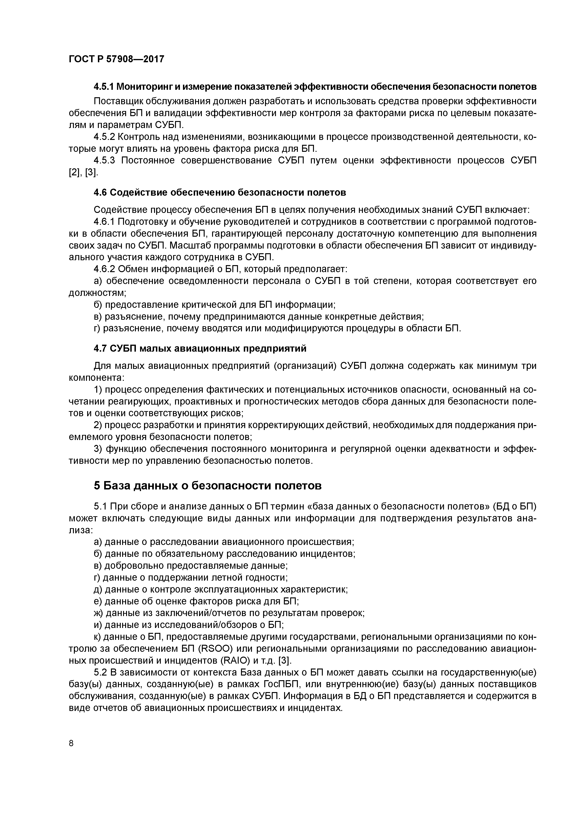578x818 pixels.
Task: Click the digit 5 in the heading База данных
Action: (x=97, y=485)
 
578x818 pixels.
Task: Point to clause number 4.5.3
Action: (x=104, y=160)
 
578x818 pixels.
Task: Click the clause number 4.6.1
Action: (x=104, y=222)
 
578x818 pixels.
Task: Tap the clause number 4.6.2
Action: (x=104, y=269)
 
